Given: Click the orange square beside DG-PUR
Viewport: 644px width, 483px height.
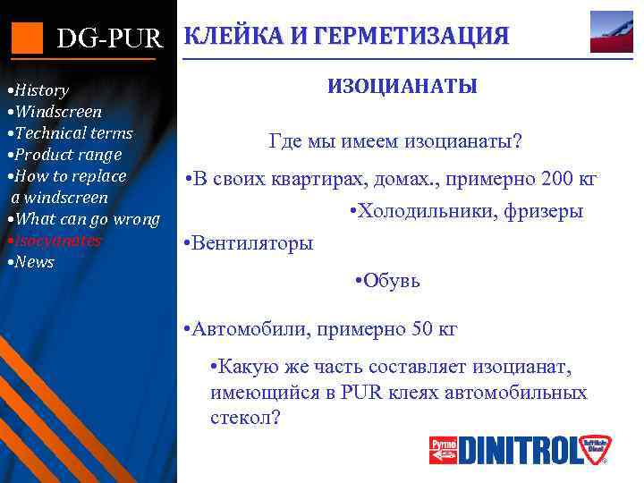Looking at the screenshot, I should [x=26, y=38].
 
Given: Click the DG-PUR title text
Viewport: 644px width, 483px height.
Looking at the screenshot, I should [x=109, y=38].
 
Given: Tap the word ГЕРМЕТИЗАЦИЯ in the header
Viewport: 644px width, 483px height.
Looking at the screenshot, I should [x=416, y=37].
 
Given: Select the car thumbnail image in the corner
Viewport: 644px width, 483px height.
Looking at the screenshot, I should [x=611, y=32].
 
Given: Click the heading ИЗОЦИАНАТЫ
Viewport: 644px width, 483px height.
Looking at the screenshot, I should [x=402, y=87].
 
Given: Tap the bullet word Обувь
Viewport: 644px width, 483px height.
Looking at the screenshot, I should [x=392, y=281].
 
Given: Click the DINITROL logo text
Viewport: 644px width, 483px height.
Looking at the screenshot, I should [x=530, y=450].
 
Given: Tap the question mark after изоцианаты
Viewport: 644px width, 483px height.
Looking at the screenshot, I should [x=519, y=142].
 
